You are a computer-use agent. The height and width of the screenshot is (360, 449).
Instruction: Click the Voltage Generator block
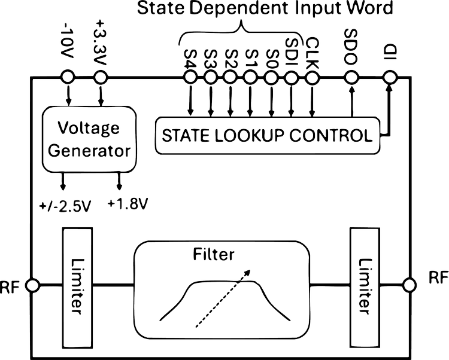[89, 139]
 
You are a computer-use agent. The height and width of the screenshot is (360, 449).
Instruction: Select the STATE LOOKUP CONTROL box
[268, 136]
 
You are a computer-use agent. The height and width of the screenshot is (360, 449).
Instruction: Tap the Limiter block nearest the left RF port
[77, 287]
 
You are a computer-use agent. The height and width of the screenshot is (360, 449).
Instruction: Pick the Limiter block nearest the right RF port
[365, 287]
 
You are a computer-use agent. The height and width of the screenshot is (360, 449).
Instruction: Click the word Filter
[214, 254]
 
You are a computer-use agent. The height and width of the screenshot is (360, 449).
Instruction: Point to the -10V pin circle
[68, 77]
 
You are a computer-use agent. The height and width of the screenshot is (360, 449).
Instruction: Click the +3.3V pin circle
[101, 77]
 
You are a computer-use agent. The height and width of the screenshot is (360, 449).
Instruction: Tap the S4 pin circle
[190, 77]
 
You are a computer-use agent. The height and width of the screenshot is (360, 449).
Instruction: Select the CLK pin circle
[312, 77]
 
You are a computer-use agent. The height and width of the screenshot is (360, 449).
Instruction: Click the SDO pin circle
[351, 77]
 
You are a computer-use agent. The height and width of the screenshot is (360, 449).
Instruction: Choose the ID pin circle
[390, 77]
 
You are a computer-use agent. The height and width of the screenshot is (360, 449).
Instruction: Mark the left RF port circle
[32, 285]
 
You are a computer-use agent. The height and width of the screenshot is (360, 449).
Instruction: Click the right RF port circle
[409, 285]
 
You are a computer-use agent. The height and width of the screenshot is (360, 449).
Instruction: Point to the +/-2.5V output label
[65, 206]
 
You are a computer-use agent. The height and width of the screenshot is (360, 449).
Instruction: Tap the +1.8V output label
[128, 204]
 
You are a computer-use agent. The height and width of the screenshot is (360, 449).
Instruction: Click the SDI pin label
[292, 53]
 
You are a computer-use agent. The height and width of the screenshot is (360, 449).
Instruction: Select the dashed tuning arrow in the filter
[223, 298]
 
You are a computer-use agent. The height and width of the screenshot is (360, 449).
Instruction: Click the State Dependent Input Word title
[265, 8]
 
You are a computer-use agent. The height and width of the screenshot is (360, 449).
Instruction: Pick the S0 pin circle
[271, 77]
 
